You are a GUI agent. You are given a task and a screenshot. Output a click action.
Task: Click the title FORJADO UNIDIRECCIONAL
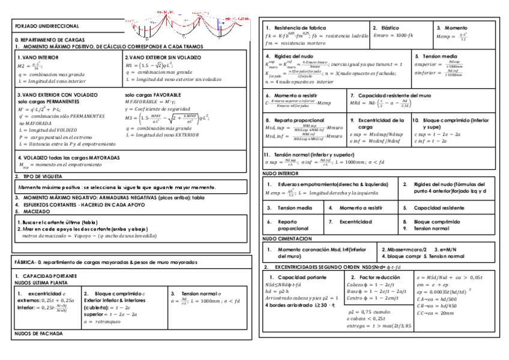coord(38,27)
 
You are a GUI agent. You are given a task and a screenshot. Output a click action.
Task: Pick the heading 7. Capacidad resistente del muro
coord(390,95)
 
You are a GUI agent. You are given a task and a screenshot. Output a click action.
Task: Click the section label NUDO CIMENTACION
coord(283,239)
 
